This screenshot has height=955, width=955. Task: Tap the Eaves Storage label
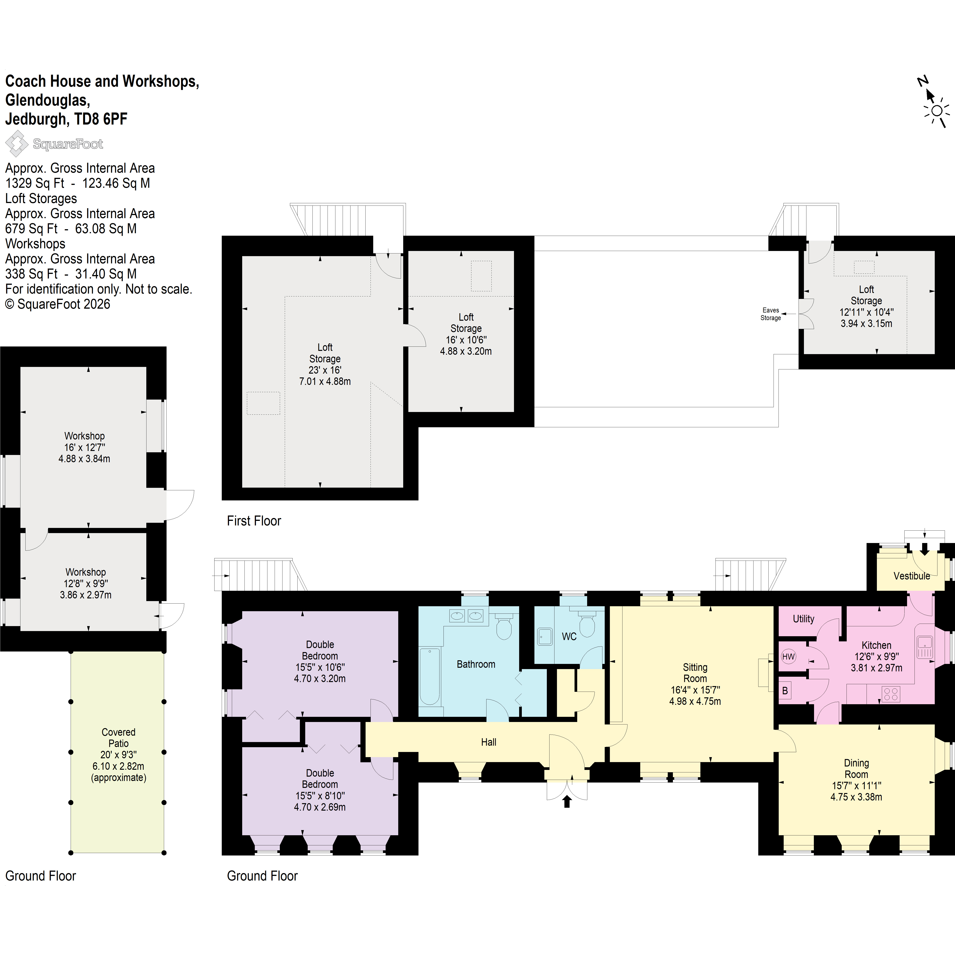(x=771, y=314)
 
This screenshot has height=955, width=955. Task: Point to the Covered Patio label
(x=118, y=737)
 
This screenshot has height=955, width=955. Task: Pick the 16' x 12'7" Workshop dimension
(x=85, y=447)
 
